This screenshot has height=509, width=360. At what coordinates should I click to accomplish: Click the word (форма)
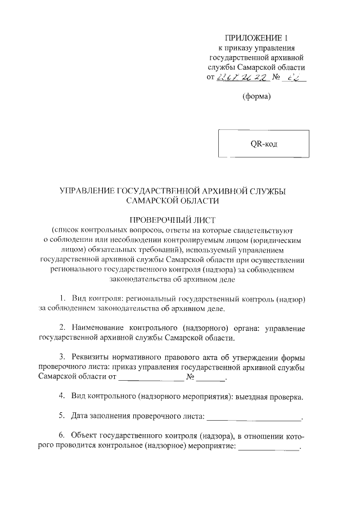(257, 96)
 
